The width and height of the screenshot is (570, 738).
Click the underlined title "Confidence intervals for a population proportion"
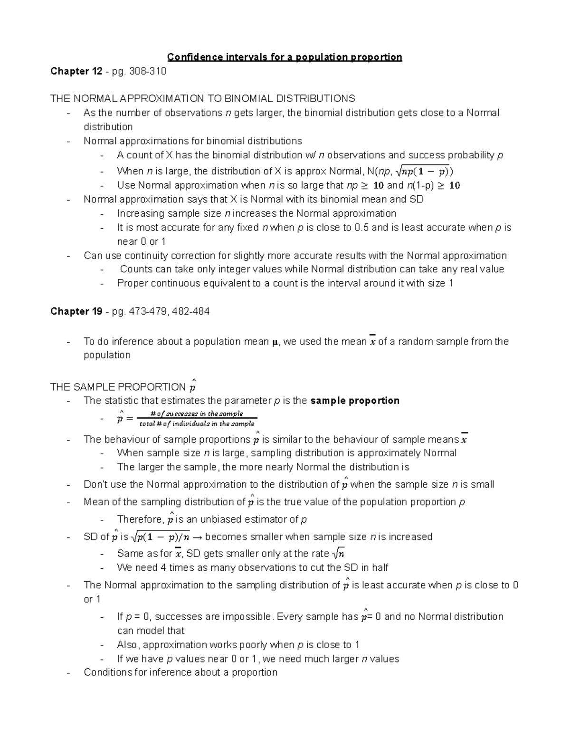(x=284, y=58)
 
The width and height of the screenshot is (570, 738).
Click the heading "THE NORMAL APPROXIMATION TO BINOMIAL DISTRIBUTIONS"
(x=202, y=99)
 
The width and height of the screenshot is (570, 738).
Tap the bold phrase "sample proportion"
(x=355, y=401)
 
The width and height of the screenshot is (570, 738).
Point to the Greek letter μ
(x=274, y=342)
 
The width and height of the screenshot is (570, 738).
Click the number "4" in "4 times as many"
(x=163, y=568)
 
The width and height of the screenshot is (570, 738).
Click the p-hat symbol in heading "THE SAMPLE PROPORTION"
(x=192, y=386)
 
